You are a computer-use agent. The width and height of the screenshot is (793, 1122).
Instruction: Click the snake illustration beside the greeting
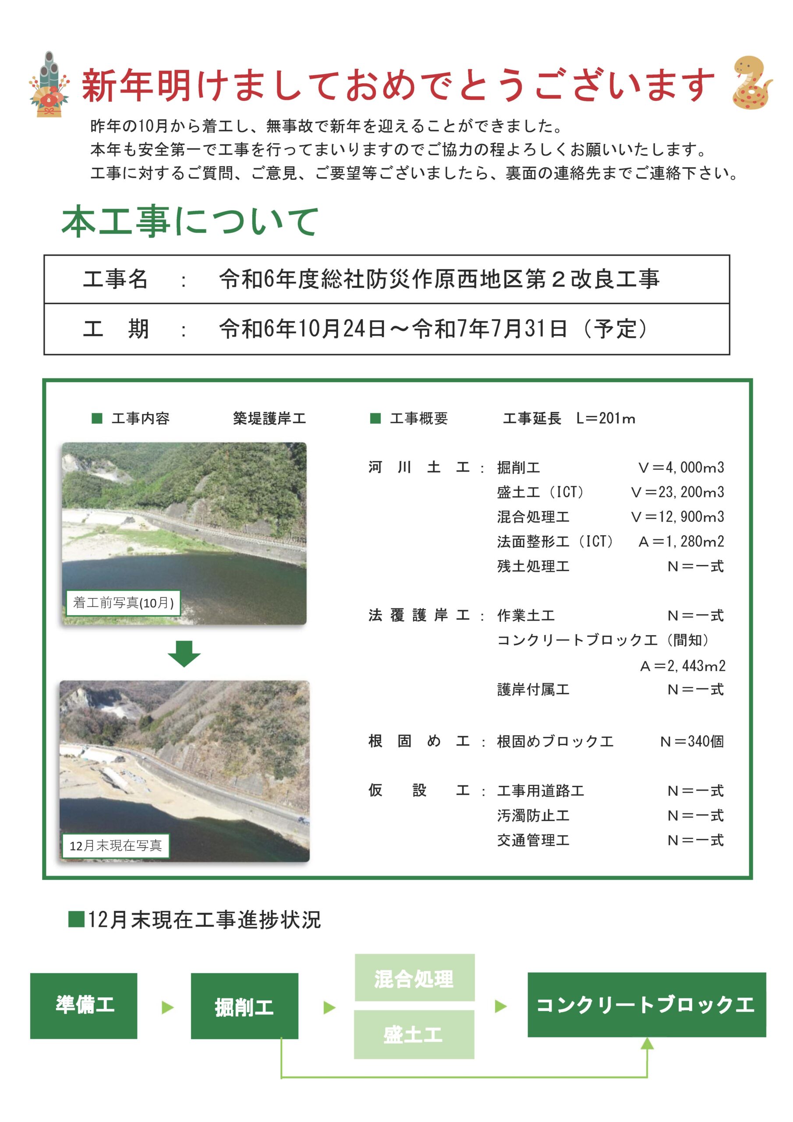tap(751, 83)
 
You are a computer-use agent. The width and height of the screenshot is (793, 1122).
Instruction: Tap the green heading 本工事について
tap(190, 221)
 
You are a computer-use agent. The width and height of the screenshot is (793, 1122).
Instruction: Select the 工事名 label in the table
tap(115, 280)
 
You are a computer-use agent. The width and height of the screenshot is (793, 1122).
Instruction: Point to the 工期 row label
tap(115, 329)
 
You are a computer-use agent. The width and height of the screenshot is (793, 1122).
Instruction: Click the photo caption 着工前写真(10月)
tap(123, 603)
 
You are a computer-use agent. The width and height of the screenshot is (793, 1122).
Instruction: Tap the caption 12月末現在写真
tap(115, 845)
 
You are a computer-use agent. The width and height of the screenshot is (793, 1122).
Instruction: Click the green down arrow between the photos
tap(184, 653)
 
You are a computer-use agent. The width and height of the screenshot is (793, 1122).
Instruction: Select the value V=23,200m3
tap(677, 492)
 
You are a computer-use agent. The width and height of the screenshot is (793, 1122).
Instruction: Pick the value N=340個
tap(691, 741)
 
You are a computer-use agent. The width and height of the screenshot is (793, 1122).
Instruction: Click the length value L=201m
tap(605, 418)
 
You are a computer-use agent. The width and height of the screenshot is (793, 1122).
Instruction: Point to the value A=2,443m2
tap(683, 666)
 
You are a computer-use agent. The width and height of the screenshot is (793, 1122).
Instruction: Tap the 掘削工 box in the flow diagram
tap(244, 1006)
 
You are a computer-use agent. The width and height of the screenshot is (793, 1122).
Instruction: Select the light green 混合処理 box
tap(414, 978)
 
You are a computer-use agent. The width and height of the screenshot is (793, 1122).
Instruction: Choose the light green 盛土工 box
tap(414, 1034)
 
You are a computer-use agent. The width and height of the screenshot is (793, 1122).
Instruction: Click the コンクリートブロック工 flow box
tap(646, 1004)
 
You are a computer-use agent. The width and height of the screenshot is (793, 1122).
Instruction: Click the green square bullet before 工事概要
tap(375, 418)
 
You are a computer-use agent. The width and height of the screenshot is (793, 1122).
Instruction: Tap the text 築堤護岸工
tap(269, 418)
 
